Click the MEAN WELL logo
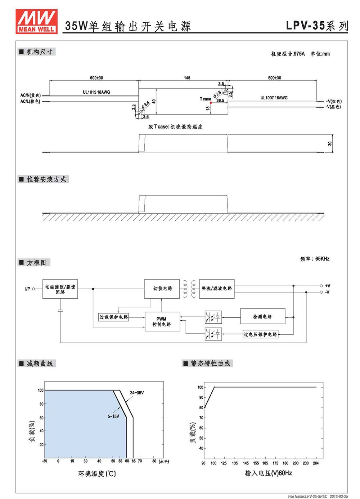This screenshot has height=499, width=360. click(x=36, y=21)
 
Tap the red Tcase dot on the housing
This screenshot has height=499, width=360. click(x=211, y=103)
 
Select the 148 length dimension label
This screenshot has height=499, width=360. click(x=187, y=78)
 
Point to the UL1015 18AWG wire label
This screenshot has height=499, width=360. click(x=96, y=92)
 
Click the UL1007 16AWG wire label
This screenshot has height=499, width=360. click(x=274, y=98)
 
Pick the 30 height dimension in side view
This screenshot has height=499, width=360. click(x=330, y=144)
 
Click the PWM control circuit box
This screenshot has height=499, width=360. click(x=162, y=321)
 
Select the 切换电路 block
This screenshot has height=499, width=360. click(x=162, y=289)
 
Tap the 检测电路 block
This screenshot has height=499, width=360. click(x=262, y=316)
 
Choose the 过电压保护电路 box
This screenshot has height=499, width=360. click(x=261, y=334)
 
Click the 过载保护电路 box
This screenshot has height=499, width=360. click(x=113, y=317)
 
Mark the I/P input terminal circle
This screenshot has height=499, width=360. click(x=33, y=289)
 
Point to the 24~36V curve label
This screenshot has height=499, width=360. click(x=137, y=393)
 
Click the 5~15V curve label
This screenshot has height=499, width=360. click(x=113, y=416)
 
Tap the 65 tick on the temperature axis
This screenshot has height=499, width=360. click(x=133, y=461)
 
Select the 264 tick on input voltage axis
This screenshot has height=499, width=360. click(x=316, y=463)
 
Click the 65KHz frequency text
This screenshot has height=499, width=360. click(x=322, y=259)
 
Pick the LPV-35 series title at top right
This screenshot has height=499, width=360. click(x=317, y=26)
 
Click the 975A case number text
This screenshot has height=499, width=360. click(x=299, y=54)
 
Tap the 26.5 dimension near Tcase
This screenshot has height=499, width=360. click(x=220, y=101)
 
